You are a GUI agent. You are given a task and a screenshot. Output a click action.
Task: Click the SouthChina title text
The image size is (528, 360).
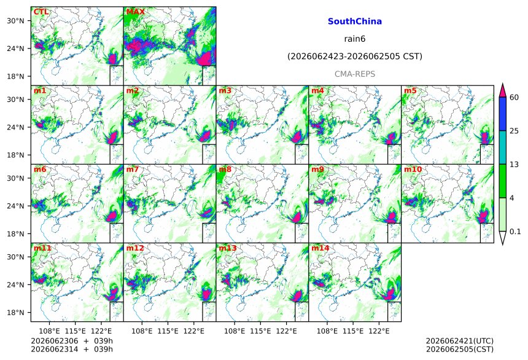pos(355,22)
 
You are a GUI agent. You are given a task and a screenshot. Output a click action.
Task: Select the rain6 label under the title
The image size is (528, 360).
pos(355,39)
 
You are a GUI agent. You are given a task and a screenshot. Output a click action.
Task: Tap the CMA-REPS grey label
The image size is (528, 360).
pos(355,74)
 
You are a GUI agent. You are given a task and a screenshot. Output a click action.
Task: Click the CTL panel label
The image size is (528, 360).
pos(41,12)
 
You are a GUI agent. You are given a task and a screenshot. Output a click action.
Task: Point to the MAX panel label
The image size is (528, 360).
pos(135,12)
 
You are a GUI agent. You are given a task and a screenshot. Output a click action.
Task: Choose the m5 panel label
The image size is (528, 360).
pos(410,91)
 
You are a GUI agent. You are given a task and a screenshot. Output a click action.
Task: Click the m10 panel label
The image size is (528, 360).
pos(413,170)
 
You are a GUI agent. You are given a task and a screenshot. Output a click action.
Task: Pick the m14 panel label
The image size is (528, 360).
pos(320,248)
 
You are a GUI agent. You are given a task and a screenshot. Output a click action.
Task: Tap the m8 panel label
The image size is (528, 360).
pos(225,170)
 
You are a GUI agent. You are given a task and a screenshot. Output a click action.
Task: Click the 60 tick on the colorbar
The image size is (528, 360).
pos(514,98)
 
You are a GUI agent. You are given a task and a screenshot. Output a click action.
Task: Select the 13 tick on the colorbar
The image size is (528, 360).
pos(514,165)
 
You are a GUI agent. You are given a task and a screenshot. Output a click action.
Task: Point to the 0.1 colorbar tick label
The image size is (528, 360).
pos(515,232)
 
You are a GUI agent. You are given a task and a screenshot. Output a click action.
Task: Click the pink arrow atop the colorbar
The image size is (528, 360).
pos(502,91)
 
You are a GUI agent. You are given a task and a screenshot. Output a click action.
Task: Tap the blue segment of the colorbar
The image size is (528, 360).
pos(502,114)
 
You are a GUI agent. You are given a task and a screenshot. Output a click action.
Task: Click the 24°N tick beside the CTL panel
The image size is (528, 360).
pos(15,49)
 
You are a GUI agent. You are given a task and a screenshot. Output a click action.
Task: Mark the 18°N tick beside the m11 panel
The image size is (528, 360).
pos(15,313)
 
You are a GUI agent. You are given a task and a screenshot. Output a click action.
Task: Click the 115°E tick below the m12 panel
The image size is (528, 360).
pos(168,331)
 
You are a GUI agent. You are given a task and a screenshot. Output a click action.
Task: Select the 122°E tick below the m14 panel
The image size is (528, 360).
pos(379,331)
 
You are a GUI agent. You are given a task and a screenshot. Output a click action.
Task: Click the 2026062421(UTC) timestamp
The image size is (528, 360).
pos(460,341)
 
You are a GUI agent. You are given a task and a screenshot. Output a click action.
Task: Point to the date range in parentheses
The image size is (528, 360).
pos(355,57)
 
